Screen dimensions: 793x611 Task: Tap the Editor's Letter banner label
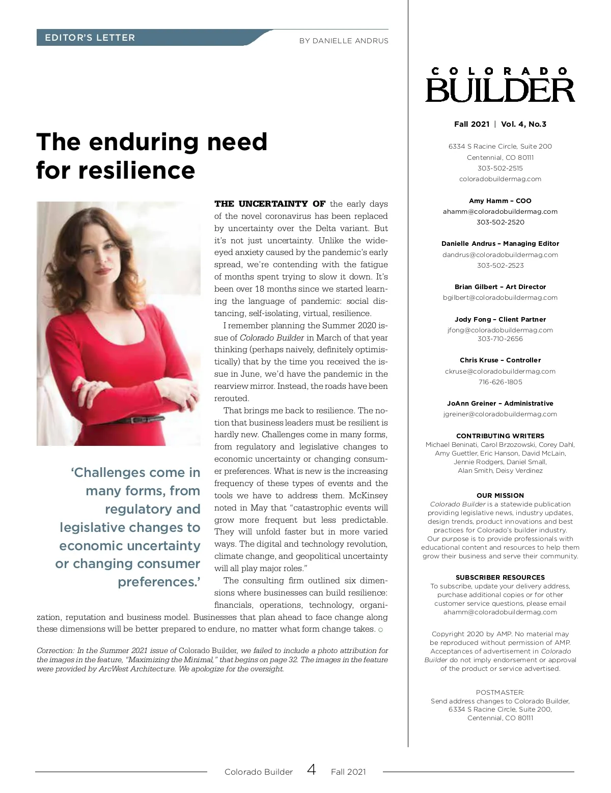[x=90, y=38]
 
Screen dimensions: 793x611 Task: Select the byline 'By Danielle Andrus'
[x=344, y=41]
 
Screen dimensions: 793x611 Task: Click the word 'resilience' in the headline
[x=137, y=170]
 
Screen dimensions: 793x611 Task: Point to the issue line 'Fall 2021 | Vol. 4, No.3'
[x=500, y=124]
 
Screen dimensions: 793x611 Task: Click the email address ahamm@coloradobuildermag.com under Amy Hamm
[x=500, y=211]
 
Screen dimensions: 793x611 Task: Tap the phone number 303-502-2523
[x=500, y=265]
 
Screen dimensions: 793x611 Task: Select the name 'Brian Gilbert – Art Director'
[x=500, y=287]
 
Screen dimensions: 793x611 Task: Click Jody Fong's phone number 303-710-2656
[x=500, y=338]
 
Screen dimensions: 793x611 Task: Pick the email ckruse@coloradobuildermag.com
[x=500, y=371]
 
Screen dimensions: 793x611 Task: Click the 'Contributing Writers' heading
[x=500, y=436]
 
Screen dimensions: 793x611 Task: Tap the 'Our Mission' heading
[x=500, y=495]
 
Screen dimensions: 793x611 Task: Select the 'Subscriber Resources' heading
[x=500, y=577]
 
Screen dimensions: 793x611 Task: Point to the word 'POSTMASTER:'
[x=500, y=692]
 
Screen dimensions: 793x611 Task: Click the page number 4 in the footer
[x=312, y=770]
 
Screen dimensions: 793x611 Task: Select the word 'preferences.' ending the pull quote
[x=159, y=582]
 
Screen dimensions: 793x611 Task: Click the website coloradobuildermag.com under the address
[x=500, y=179]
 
